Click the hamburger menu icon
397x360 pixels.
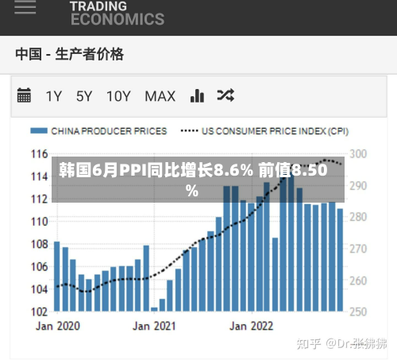pyautogui.click(x=25, y=7)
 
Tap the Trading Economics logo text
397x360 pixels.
pyautogui.click(x=118, y=14)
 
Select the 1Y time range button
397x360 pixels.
pyautogui.click(x=54, y=96)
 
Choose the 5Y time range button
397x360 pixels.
pyautogui.click(x=84, y=96)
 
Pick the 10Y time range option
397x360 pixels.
pyautogui.click(x=118, y=96)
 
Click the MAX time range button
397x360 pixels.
pyautogui.click(x=160, y=96)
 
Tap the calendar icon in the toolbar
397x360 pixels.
pyautogui.click(x=24, y=95)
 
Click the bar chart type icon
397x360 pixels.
pyautogui.click(x=197, y=95)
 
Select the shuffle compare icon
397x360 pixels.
pyautogui.click(x=225, y=95)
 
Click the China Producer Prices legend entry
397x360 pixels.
pyautogui.click(x=98, y=131)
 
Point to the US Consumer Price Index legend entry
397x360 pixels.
pyautogui.click(x=264, y=131)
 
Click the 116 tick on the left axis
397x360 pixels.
pyautogui.click(x=40, y=154)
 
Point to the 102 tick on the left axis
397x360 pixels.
pyautogui.click(x=40, y=312)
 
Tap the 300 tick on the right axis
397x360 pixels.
pyautogui.click(x=358, y=154)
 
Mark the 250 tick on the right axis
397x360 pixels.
pyautogui.click(x=358, y=312)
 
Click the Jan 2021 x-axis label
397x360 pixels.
pyautogui.click(x=154, y=326)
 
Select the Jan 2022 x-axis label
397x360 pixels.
pyautogui.click(x=251, y=326)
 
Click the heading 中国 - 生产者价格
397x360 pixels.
pyautogui.click(x=70, y=54)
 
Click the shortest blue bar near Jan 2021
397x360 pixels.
pyautogui.click(x=154, y=309)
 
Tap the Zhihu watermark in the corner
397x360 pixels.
pyautogui.click(x=341, y=343)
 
